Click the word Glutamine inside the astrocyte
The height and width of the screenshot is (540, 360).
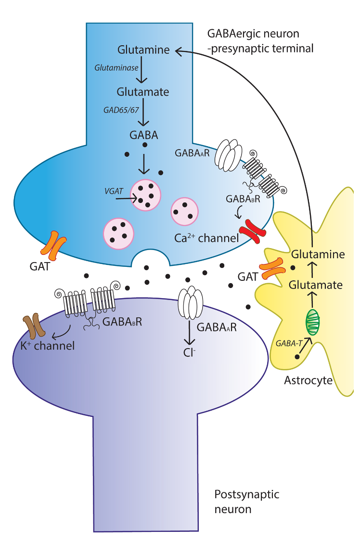coord(318,254)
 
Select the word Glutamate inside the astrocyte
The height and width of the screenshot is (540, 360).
coord(316,285)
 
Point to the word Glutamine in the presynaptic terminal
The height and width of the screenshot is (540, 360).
coord(143,50)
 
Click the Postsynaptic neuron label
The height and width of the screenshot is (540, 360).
coord(246,501)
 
